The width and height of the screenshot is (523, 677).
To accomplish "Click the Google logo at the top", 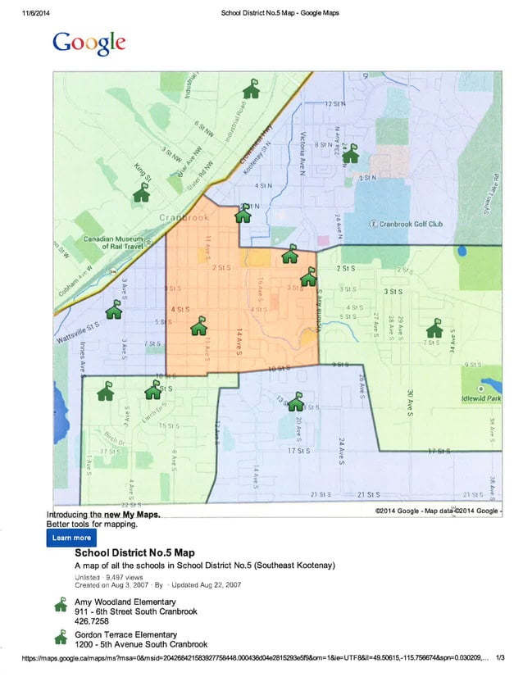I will (x=89, y=43).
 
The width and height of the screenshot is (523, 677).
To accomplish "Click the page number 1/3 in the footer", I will (x=501, y=657).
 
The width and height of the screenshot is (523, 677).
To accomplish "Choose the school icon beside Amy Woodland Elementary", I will (x=59, y=606).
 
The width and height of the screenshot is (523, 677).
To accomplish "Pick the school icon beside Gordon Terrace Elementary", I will (x=59, y=637).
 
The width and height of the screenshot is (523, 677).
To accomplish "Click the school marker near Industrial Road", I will (x=252, y=89).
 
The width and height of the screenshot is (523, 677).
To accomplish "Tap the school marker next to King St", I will (x=142, y=193).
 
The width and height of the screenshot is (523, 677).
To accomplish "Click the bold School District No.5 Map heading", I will (x=134, y=552).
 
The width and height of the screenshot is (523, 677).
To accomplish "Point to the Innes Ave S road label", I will (x=83, y=357).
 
